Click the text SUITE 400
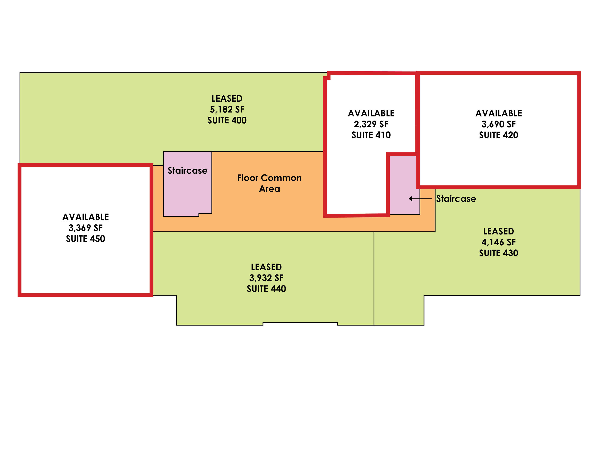(x=227, y=120)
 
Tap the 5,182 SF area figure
(x=227, y=109)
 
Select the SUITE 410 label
(x=371, y=135)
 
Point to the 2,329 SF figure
(x=371, y=124)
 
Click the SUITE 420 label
(x=498, y=135)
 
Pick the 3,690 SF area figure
(x=498, y=124)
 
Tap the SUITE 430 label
(x=498, y=253)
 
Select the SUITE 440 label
(x=266, y=289)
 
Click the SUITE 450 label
(x=86, y=239)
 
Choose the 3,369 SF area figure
(x=86, y=228)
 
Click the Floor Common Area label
(x=269, y=183)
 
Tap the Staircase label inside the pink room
(x=188, y=170)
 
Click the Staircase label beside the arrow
(x=456, y=199)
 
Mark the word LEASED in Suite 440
(x=266, y=267)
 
